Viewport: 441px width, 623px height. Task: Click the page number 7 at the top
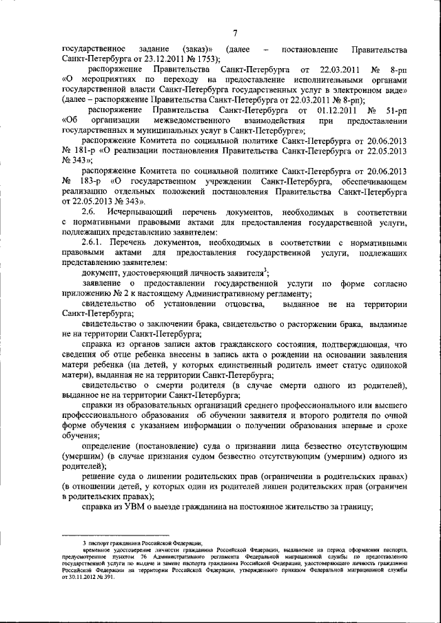click(x=234, y=34)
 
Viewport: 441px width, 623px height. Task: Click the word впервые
click(x=360, y=425)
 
